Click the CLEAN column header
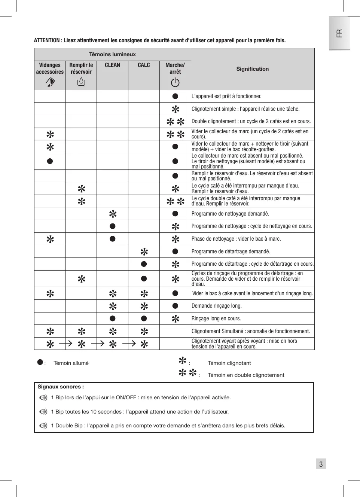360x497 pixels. coord(112,65)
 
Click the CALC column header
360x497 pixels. coord(144,65)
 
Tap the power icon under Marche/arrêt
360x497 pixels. coord(175,82)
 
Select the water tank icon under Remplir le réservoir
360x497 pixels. coord(81,81)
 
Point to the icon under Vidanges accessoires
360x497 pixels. coord(50,82)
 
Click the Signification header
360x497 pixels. coord(253,69)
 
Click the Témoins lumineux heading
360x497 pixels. coord(112,54)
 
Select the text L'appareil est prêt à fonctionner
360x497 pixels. coord(226,96)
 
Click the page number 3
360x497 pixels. coord(321,464)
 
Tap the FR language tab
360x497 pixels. coord(339,33)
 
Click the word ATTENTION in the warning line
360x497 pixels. coord(47,40)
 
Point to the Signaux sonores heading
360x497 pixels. coord(61,387)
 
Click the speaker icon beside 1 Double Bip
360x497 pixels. coord(43,426)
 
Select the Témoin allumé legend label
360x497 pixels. coord(71,363)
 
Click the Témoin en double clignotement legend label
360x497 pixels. coord(246,375)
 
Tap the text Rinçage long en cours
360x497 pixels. coord(216,318)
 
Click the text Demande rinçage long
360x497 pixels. coord(217,306)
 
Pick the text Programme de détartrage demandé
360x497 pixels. coord(231,251)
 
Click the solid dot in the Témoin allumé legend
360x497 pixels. coord(40,362)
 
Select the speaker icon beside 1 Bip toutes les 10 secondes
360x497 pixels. coord(43,412)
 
